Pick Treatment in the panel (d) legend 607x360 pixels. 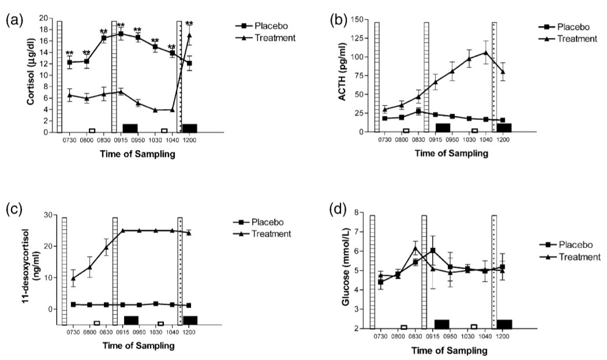[x=580, y=256]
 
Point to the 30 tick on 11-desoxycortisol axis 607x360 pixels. [x=50, y=215]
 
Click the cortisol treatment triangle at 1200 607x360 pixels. [x=189, y=36]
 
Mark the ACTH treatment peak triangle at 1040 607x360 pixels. [x=486, y=52]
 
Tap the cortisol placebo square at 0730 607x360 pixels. [x=70, y=62]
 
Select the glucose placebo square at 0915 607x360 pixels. [x=433, y=250]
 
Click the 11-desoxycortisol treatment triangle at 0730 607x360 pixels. [x=73, y=278]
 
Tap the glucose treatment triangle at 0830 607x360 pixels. [x=415, y=249]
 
